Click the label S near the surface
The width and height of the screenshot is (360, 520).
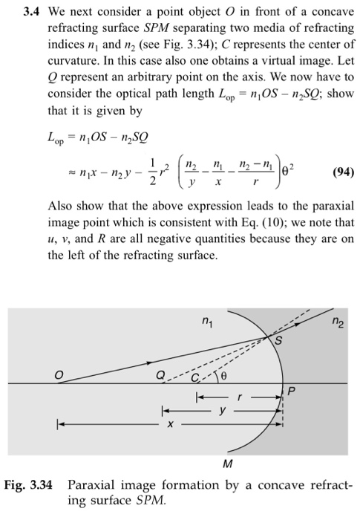[x=280, y=341]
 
